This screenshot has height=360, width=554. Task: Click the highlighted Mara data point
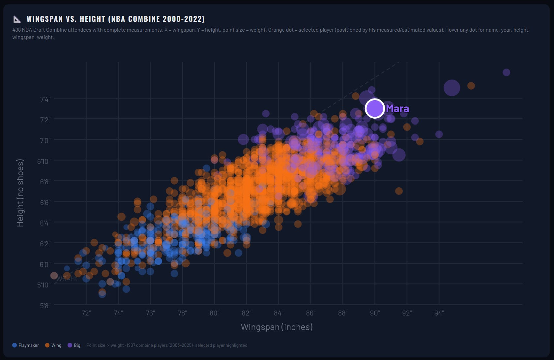[x=375, y=108]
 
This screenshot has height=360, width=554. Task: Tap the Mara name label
[x=397, y=108]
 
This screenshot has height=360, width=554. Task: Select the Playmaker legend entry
[x=25, y=345]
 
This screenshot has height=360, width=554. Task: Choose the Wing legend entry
[x=53, y=345]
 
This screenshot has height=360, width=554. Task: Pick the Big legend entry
[x=74, y=345]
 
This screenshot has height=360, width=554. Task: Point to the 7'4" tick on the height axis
[x=45, y=99]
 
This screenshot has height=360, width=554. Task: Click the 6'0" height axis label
[x=45, y=264]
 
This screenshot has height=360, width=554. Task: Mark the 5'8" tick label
[x=45, y=306]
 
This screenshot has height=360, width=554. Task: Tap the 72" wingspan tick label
[x=86, y=313]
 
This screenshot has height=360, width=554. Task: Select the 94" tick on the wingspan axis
[x=439, y=313]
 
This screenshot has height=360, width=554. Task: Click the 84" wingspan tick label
[x=278, y=313]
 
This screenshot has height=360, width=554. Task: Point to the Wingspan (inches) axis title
[x=277, y=327]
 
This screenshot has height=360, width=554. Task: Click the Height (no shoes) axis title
[x=20, y=193]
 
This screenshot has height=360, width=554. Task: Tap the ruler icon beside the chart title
[x=17, y=19]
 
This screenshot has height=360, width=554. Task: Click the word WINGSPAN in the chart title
[x=45, y=19]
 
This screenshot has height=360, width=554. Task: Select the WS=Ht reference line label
[x=67, y=279]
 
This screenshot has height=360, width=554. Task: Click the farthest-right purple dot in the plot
[x=506, y=72]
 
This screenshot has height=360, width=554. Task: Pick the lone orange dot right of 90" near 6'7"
[x=399, y=191]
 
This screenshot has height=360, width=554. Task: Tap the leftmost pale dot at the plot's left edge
[x=54, y=275]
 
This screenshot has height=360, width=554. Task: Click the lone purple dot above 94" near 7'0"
[x=439, y=135]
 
